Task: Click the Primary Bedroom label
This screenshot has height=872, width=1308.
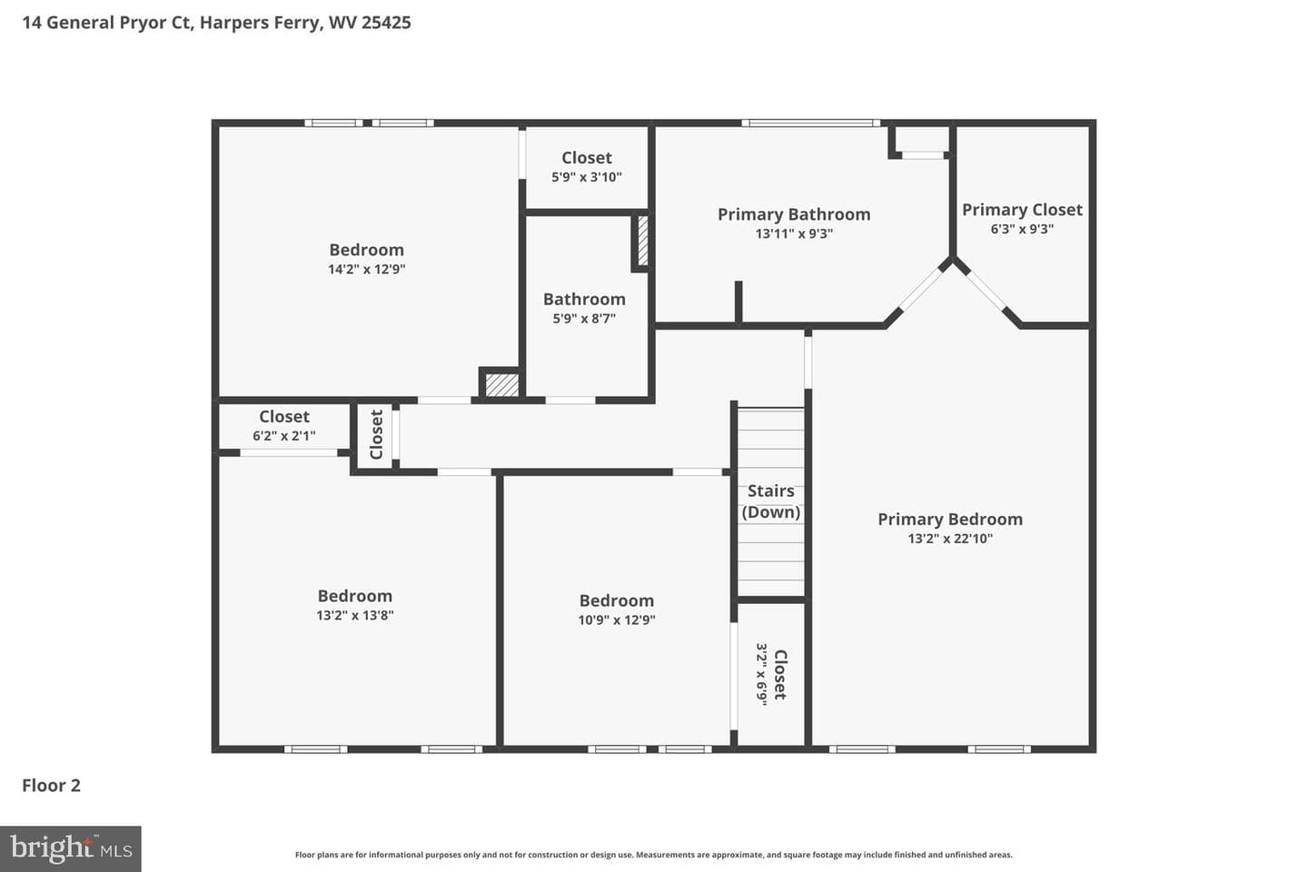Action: coord(950,520)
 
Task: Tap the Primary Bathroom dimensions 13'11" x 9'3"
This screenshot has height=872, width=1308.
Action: coord(794,233)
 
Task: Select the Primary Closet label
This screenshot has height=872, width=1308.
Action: coord(1022,210)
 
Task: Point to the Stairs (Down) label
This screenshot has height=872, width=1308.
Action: coord(771,501)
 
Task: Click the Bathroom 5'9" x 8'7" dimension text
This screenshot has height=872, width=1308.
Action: coord(585,318)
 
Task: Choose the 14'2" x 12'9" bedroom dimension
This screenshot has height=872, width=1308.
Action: coord(367,269)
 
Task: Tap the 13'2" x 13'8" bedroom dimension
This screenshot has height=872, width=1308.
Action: coord(355,615)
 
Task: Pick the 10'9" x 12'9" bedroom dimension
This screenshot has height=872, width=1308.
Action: coord(617,619)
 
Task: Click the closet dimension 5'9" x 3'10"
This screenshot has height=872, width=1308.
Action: coord(587,177)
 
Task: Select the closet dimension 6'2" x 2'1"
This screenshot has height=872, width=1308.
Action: coord(284,436)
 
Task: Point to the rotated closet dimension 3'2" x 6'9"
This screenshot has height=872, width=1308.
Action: coord(761,675)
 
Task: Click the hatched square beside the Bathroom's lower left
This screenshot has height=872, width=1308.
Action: coord(502,385)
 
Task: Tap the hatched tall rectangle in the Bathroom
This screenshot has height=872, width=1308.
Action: coord(642,242)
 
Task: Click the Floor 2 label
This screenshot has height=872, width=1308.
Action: coord(52,786)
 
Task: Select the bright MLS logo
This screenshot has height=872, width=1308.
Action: coord(71,848)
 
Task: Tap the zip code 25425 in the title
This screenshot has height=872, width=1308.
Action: coord(386,22)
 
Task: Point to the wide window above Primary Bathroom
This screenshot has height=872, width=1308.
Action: coord(811,124)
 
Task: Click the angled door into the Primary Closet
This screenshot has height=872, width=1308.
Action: coord(986,291)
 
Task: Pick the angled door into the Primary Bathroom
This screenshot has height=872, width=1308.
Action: coord(921,289)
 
